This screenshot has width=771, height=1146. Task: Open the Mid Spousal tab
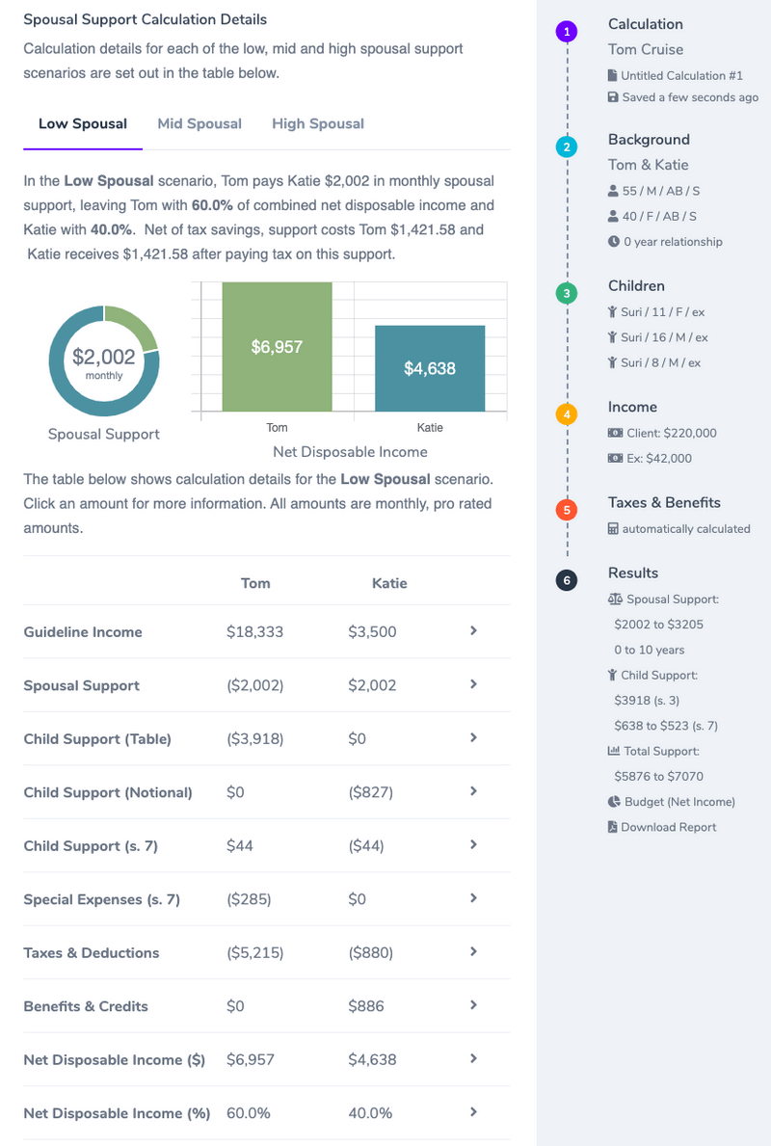(199, 123)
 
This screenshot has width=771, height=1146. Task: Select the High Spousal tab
(318, 123)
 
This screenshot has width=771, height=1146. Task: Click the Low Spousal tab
(83, 123)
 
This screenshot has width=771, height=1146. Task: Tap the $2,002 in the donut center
(104, 358)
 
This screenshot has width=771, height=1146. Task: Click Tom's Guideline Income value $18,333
(254, 632)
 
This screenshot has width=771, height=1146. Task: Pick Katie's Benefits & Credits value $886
(366, 1006)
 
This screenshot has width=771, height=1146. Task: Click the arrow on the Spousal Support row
(473, 684)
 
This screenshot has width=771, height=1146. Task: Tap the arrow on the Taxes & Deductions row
(473, 951)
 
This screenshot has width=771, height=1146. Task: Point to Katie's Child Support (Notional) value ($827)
(371, 792)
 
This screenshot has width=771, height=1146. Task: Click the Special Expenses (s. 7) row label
(102, 899)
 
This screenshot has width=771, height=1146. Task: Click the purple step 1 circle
(568, 32)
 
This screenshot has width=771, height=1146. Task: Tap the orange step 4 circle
(568, 414)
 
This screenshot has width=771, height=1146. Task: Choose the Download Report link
(668, 827)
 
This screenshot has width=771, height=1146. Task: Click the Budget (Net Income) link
(679, 802)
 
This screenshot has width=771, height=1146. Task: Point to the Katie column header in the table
(389, 583)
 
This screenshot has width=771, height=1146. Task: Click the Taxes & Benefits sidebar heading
(664, 502)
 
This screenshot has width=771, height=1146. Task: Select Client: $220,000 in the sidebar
(671, 433)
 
